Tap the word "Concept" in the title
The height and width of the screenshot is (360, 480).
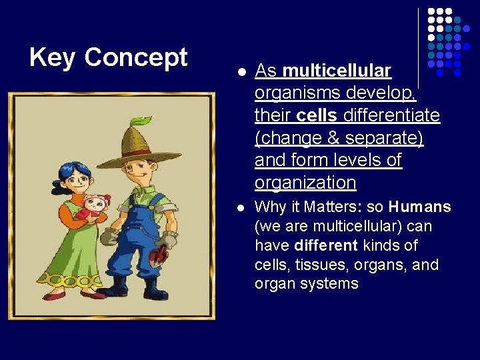pyautogui.click(x=136, y=58)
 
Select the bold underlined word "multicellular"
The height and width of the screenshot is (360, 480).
pyautogui.click(x=337, y=70)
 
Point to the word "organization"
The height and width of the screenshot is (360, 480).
pyautogui.click(x=305, y=183)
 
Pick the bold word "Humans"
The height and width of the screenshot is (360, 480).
pyautogui.click(x=420, y=207)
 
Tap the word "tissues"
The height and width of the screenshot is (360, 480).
pyautogui.click(x=311, y=265)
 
